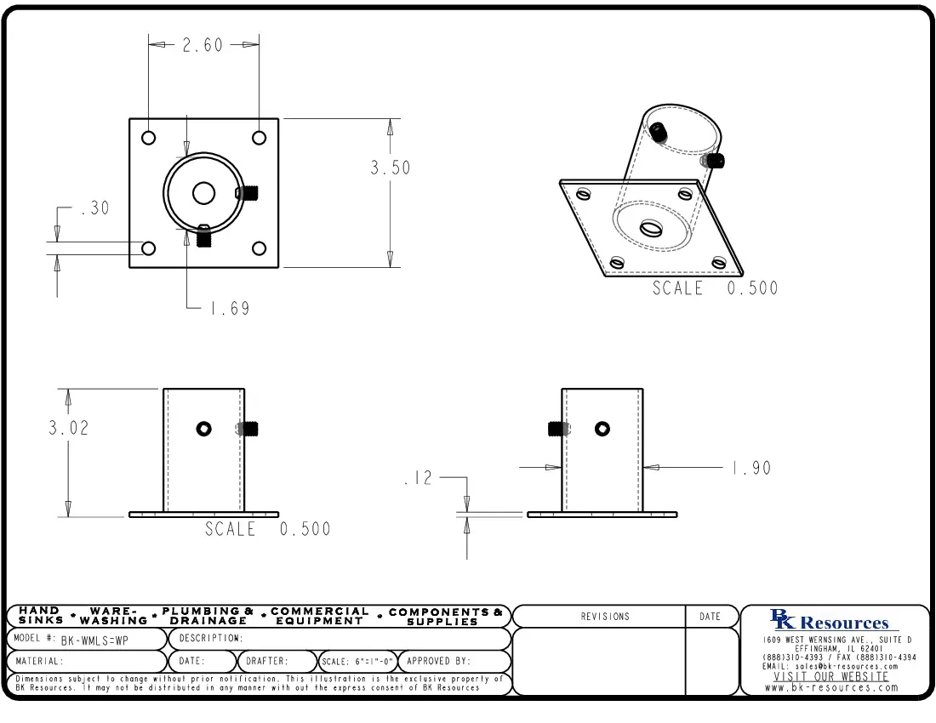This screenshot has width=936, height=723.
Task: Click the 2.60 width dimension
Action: pyautogui.click(x=203, y=45)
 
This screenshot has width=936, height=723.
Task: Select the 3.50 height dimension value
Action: pyautogui.click(x=390, y=168)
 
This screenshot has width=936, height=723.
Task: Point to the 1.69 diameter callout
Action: pyautogui.click(x=230, y=308)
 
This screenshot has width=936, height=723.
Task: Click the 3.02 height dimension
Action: pyautogui.click(x=68, y=428)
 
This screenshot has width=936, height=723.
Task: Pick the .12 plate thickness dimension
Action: pyautogui.click(x=418, y=479)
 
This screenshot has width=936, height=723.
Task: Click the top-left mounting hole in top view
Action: pyautogui.click(x=149, y=138)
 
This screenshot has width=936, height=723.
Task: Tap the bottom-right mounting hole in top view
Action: pyautogui.click(x=259, y=248)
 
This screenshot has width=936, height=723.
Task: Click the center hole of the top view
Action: pyautogui.click(x=203, y=193)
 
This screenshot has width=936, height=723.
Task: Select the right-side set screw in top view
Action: pyautogui.click(x=248, y=193)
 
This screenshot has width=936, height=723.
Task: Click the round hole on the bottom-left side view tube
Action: pyautogui.click(x=203, y=429)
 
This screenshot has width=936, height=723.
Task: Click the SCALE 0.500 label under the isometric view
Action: pyautogui.click(x=715, y=288)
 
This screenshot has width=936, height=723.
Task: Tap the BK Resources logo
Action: pyautogui.click(x=830, y=621)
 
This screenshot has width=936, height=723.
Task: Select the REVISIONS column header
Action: pyautogui.click(x=605, y=617)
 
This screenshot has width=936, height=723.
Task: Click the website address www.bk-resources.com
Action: pyautogui.click(x=831, y=687)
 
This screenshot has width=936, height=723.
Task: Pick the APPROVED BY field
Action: pyautogui.click(x=438, y=661)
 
